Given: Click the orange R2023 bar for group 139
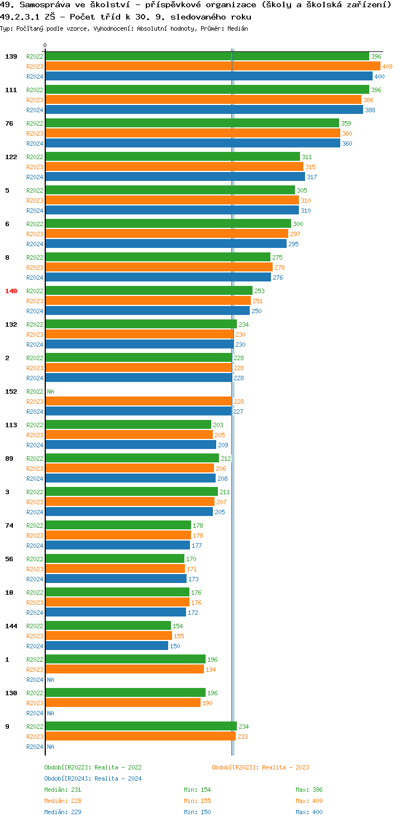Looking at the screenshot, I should click(212, 66).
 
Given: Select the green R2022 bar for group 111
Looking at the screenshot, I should click(207, 90).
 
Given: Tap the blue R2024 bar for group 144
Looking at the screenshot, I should click(107, 646).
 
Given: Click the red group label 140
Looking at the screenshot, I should click(11, 291).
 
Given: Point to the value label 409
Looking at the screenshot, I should click(387, 66).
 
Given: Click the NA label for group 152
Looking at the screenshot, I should click(50, 391).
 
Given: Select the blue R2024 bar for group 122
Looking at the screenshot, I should click(175, 177).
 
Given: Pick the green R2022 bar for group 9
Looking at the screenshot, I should click(141, 727).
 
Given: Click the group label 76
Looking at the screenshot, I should click(9, 123).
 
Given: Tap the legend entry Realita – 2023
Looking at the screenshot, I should click(260, 767).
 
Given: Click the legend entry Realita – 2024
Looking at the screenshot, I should click(93, 778).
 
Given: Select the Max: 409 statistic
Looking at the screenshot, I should click(309, 801).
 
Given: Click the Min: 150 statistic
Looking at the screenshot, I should click(197, 812).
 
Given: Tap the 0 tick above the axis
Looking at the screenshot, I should click(45, 46).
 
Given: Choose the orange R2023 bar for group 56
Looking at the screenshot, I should click(115, 569).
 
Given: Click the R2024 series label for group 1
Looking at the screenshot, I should click(35, 680).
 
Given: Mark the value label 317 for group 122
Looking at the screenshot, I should click(312, 177).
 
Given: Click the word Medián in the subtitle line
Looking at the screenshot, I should click(237, 28).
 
